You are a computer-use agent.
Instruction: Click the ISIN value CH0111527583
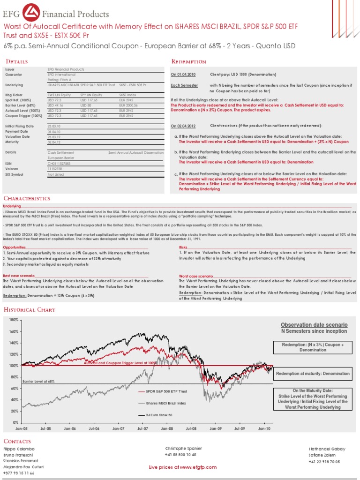point(59,164)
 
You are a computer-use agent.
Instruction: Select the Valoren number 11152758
point(55,169)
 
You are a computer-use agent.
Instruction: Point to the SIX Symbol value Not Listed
point(55,174)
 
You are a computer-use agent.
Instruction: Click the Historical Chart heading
point(30,310)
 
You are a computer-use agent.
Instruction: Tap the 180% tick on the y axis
point(13,320)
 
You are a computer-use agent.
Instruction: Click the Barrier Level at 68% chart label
point(39,382)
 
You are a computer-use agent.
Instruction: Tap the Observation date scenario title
point(314,325)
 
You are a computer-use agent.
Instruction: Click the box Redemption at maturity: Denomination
point(313,374)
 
